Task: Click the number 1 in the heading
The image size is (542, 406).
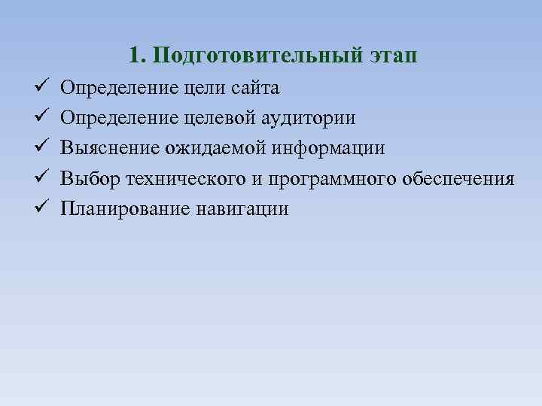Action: click(134, 56)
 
